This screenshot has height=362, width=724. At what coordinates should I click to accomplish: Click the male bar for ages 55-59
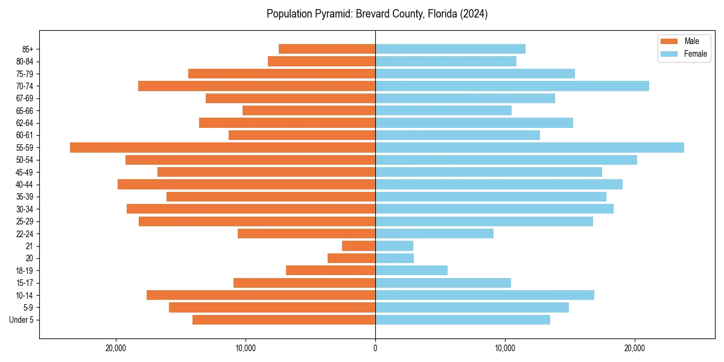point(223,147)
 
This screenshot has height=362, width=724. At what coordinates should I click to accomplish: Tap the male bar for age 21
point(359,246)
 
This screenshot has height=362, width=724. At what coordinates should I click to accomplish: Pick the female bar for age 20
point(395,258)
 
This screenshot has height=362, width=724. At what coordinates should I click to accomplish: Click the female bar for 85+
point(450,49)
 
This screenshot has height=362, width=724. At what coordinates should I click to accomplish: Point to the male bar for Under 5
point(284,320)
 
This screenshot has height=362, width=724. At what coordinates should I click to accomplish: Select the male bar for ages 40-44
point(246,184)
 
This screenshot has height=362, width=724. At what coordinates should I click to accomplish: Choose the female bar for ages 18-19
point(411,270)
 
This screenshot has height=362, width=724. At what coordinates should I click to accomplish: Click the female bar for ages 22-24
point(434,233)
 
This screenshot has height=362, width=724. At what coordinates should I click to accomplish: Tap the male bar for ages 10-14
point(261,295)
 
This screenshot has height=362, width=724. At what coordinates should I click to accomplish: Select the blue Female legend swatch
point(670,54)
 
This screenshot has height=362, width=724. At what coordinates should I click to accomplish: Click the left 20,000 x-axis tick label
point(116,348)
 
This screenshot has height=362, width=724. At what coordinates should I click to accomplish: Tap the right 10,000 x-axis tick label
point(505,348)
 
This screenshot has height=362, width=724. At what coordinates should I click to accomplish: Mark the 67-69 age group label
point(24,98)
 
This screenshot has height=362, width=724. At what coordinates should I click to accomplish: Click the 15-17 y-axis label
point(24,283)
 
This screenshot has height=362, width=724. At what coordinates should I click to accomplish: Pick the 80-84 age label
point(24,62)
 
